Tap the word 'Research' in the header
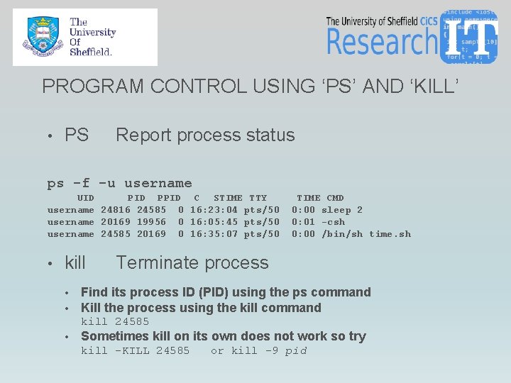click(x=382, y=42)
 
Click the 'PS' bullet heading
click(x=77, y=135)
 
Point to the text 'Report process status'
click(x=205, y=135)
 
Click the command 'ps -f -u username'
click(x=119, y=184)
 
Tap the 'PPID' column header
click(x=168, y=198)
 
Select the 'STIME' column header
click(x=228, y=198)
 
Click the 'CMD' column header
click(x=335, y=198)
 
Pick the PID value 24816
click(x=115, y=210)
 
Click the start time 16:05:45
click(x=214, y=222)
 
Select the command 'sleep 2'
click(x=341, y=210)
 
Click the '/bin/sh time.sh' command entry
click(x=366, y=234)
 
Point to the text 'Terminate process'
click(x=192, y=262)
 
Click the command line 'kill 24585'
click(x=115, y=322)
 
